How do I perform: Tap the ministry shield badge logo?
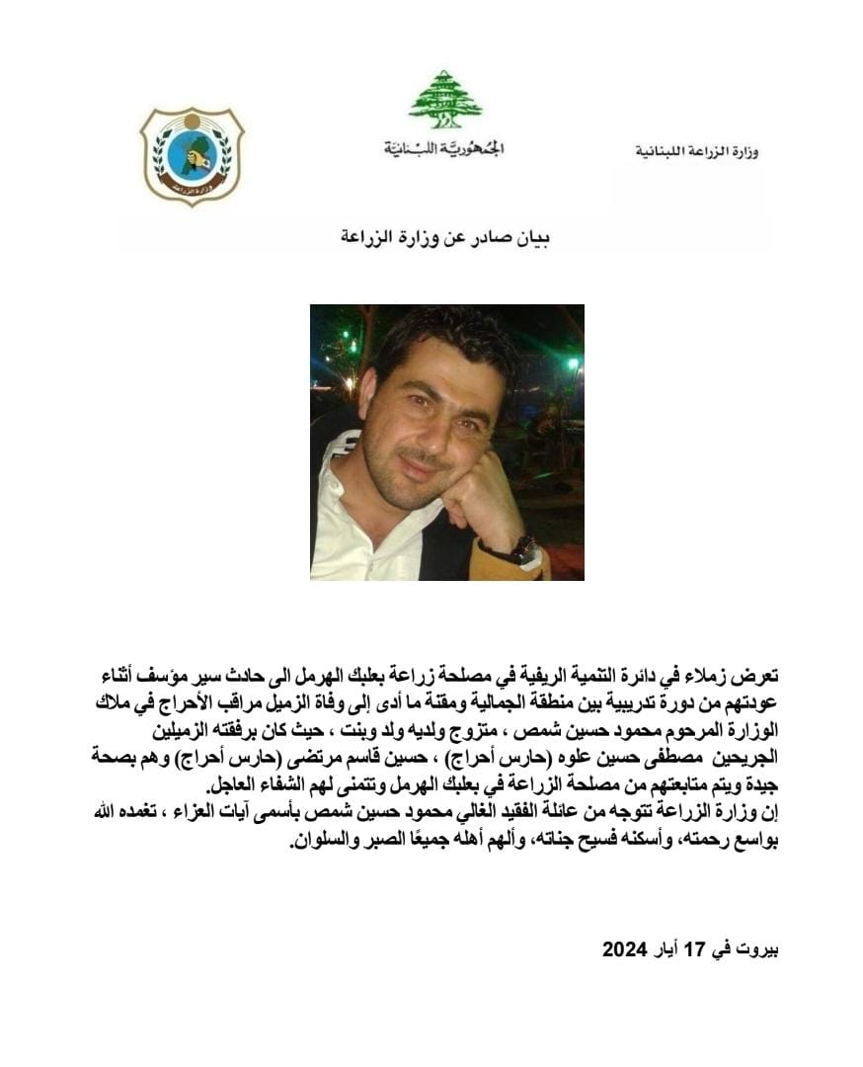coord(192,155)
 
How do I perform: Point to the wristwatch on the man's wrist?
coord(523,549)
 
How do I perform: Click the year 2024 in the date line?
coord(624,949)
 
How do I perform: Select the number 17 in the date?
coord(698,949)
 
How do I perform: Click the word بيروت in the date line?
coord(759,949)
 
